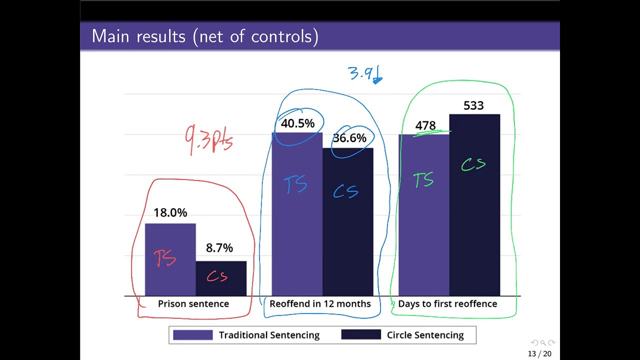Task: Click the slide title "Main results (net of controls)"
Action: click(x=205, y=36)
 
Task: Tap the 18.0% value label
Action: click(x=170, y=213)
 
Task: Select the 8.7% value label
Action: click(x=219, y=248)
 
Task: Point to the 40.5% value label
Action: click(x=297, y=123)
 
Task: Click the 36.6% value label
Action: click(x=349, y=138)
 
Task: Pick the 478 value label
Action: click(x=425, y=125)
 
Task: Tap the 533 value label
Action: click(x=473, y=105)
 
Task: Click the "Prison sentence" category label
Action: click(x=193, y=303)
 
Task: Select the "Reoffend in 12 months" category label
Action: click(x=320, y=303)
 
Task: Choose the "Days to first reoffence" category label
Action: click(x=447, y=303)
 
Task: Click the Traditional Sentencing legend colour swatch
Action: click(x=192, y=335)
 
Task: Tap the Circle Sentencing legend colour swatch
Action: click(x=361, y=335)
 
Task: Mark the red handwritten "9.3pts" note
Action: click(x=209, y=139)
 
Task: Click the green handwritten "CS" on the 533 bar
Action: click(x=473, y=164)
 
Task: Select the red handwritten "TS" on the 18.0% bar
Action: click(x=165, y=258)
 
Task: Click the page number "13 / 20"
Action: click(x=539, y=354)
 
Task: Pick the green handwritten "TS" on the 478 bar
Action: click(x=423, y=179)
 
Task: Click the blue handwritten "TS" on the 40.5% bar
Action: click(x=295, y=184)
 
